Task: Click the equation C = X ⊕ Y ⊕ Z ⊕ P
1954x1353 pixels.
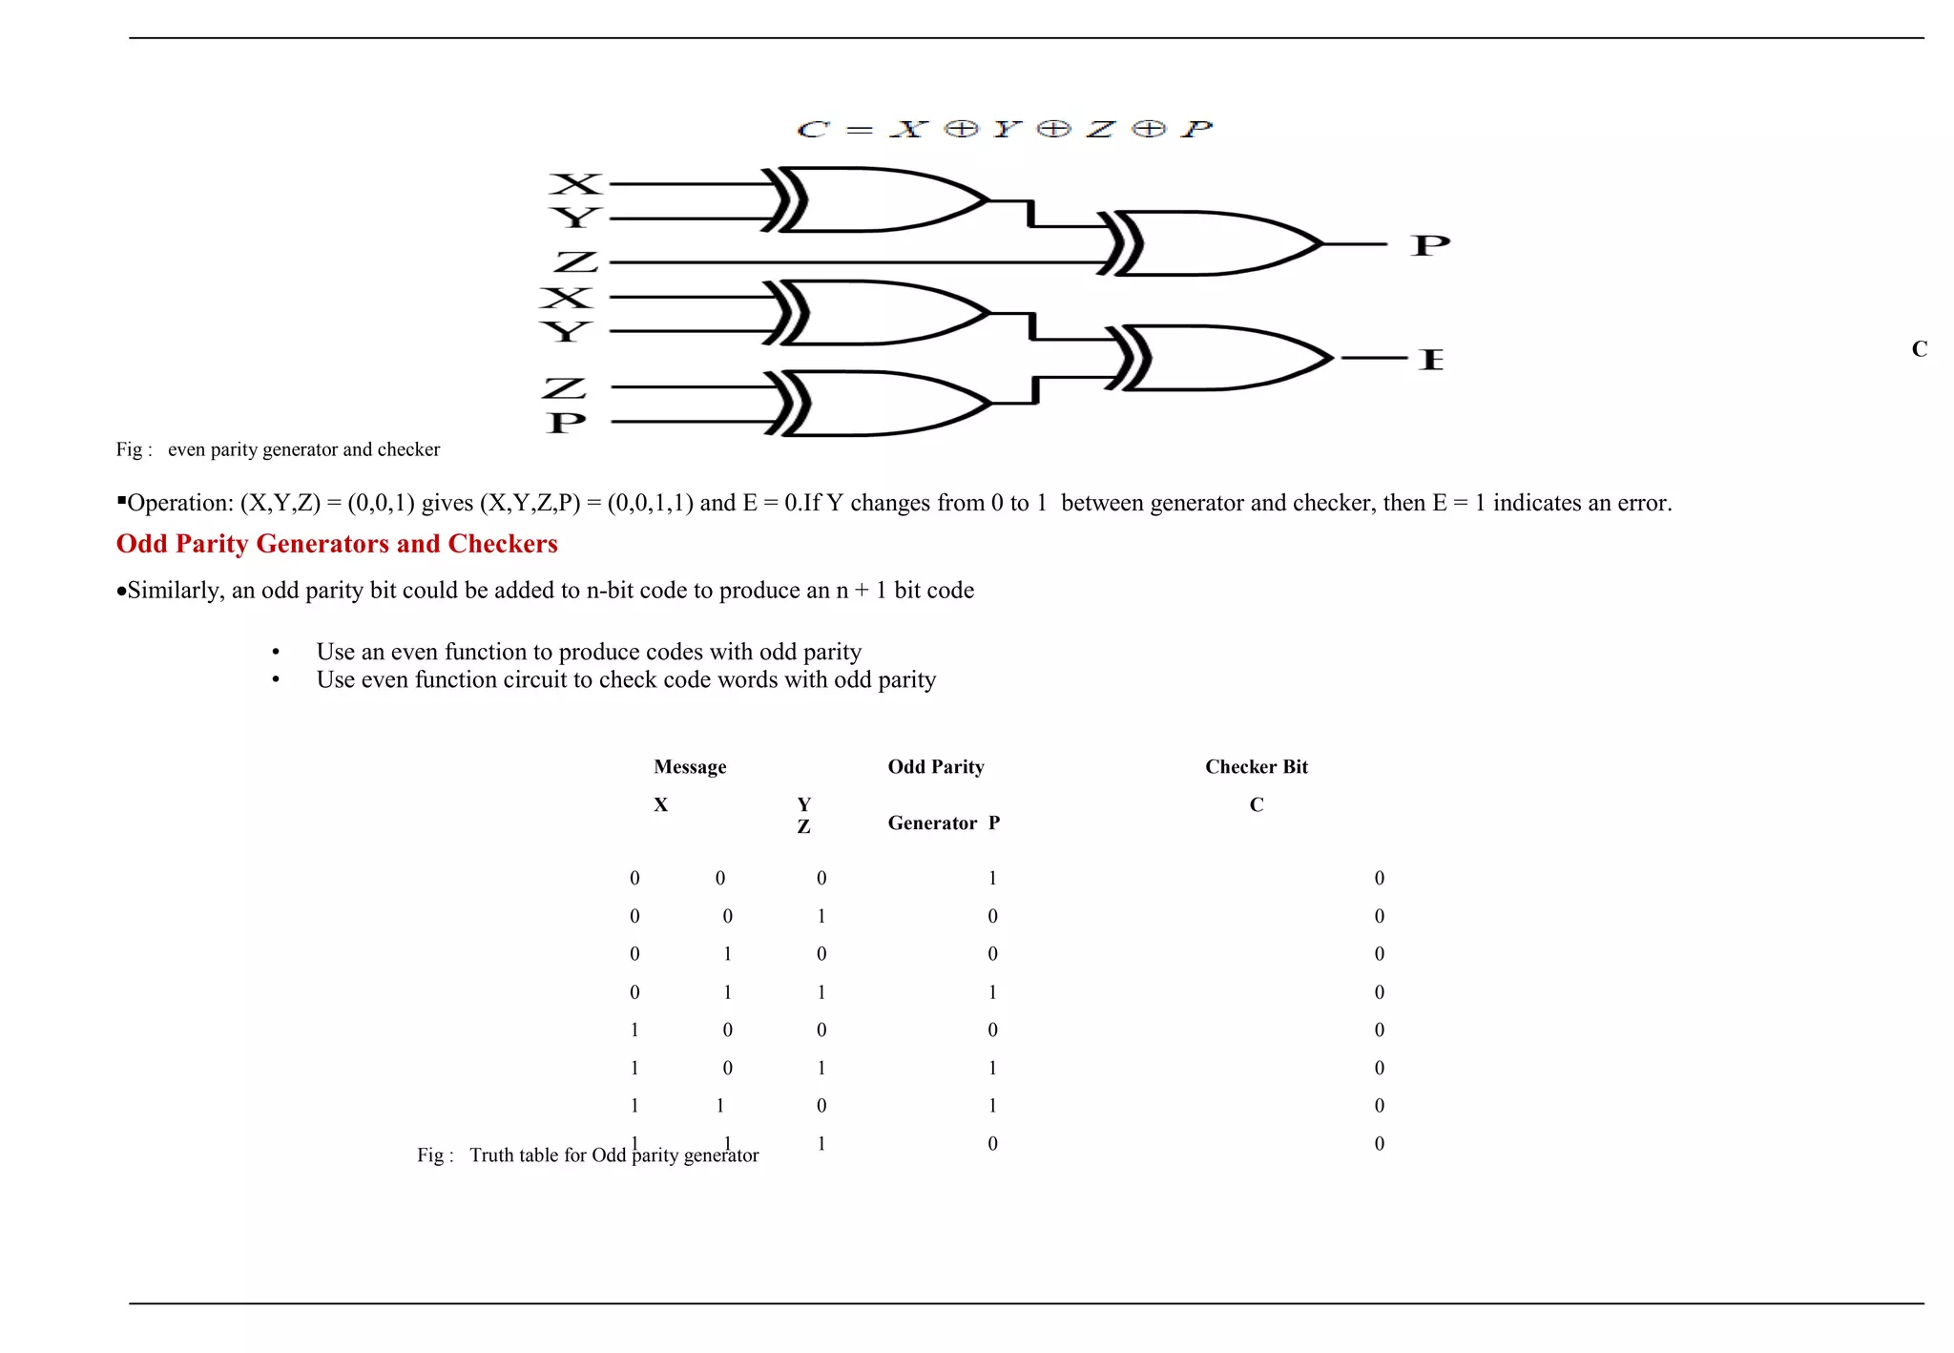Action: click(x=1004, y=129)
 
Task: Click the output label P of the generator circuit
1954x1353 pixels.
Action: click(x=1429, y=246)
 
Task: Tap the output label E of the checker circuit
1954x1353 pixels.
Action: click(x=1430, y=360)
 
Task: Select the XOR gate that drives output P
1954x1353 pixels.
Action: click(x=1212, y=244)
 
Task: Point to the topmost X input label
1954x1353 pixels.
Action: click(x=576, y=184)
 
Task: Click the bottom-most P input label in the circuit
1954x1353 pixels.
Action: click(x=566, y=423)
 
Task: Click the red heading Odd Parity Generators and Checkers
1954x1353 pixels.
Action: click(x=337, y=544)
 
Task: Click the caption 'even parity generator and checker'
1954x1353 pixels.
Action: click(x=303, y=449)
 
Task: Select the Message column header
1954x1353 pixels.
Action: click(x=690, y=767)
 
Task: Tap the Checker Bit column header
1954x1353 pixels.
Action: click(x=1256, y=767)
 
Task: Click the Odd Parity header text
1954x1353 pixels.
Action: click(x=935, y=767)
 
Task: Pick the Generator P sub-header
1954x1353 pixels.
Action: click(x=943, y=823)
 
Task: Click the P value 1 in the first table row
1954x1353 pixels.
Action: click(x=992, y=878)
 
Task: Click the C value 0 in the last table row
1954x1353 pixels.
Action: click(x=1379, y=1143)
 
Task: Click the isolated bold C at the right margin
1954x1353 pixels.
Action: click(x=1919, y=349)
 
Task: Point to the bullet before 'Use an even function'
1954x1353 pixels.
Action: click(x=276, y=653)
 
